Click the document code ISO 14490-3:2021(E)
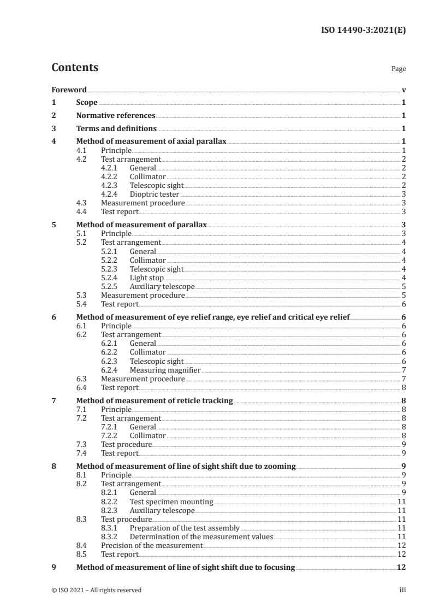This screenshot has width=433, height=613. point(364,30)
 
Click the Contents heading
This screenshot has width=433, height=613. point(75,68)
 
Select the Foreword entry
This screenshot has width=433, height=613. point(69,90)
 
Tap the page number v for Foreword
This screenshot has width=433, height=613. point(403,90)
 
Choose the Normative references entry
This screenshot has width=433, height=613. point(116,116)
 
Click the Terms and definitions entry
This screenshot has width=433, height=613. point(116,129)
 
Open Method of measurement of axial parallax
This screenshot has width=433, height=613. point(151,142)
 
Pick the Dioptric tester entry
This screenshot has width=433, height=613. point(154,194)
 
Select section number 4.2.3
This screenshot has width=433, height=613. point(111,185)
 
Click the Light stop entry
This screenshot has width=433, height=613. point(146,278)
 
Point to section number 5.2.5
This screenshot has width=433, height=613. point(111,286)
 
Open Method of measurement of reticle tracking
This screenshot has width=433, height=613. point(155,401)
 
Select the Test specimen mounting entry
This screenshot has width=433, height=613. point(171,502)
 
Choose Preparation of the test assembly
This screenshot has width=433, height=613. point(185,528)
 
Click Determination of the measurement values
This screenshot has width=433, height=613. point(201,537)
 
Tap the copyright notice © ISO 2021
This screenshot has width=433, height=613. point(96,590)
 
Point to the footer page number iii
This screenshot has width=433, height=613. point(402,590)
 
